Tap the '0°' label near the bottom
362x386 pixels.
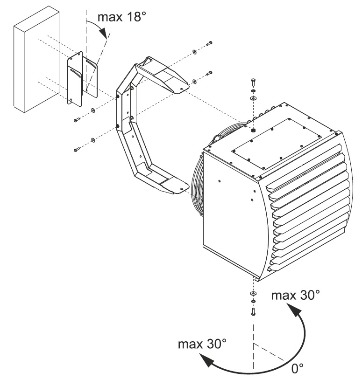pyautogui.click(x=298, y=368)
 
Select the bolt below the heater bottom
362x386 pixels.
pyautogui.click(x=253, y=313)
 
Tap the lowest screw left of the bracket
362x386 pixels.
pyautogui.click(x=77, y=150)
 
